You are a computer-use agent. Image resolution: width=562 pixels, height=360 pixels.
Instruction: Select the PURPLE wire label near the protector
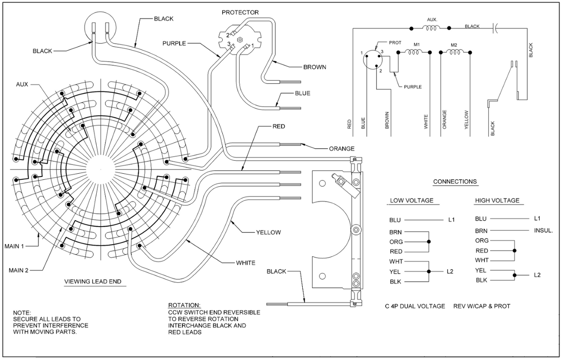click(175, 43)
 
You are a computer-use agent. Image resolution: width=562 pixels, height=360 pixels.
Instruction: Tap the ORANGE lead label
click(342, 149)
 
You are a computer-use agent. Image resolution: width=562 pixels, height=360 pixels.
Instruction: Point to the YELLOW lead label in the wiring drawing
click(268, 232)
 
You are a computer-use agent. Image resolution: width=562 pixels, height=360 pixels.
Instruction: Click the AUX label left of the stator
click(22, 85)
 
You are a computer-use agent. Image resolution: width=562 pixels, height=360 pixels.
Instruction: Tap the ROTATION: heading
click(184, 305)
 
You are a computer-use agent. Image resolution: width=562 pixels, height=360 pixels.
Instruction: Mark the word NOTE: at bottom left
click(22, 312)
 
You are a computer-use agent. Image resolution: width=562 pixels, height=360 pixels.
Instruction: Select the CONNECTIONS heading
click(455, 182)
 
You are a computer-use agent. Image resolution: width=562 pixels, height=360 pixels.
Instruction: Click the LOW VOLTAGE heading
click(412, 201)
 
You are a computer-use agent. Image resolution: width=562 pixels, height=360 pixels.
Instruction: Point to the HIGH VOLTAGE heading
click(497, 201)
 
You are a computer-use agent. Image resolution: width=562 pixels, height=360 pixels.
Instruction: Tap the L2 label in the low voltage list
click(450, 272)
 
